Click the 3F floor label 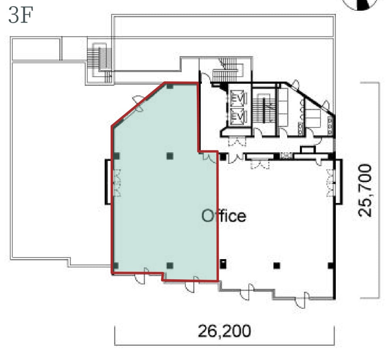coord(21,15)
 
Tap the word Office coord(224,216)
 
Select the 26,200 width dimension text coord(224,331)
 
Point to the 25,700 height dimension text coord(365,190)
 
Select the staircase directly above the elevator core coord(227,69)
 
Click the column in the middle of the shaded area coord(170,156)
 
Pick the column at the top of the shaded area coord(170,86)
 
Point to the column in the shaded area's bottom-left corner coord(115,266)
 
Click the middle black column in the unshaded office coord(277,266)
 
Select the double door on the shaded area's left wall coord(117,183)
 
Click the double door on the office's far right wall coord(330,183)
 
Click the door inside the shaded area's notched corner coord(209,157)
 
